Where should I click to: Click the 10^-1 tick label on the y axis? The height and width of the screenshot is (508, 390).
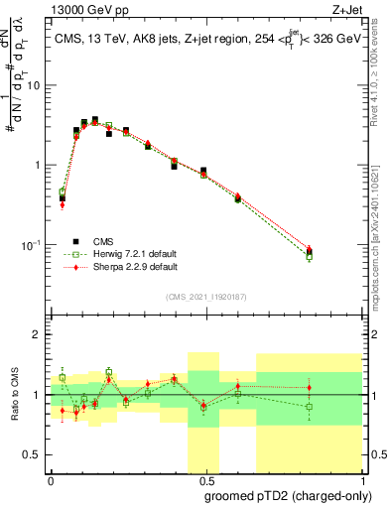(x=33, y=245)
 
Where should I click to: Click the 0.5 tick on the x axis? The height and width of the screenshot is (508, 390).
(x=205, y=479)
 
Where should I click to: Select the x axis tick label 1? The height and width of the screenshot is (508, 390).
(x=360, y=479)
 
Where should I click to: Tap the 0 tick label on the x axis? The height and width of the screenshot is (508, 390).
(x=51, y=479)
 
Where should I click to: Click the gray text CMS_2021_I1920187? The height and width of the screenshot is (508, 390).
(x=205, y=297)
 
